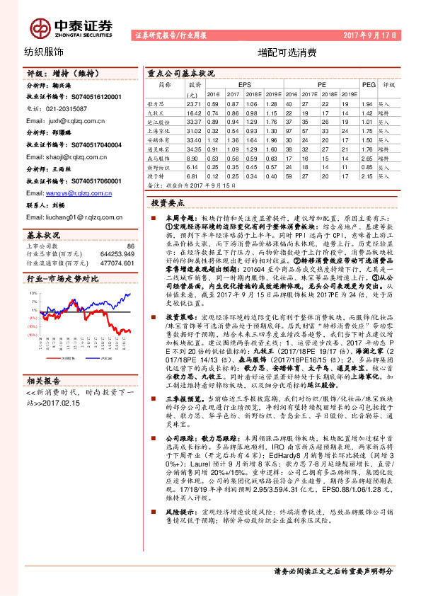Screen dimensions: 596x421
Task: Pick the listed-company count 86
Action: point(130,246)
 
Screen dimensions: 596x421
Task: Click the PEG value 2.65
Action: point(366,159)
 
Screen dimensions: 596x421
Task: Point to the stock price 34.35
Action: point(194,149)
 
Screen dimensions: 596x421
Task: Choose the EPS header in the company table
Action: point(244,84)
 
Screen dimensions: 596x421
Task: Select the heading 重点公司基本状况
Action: point(180,73)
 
